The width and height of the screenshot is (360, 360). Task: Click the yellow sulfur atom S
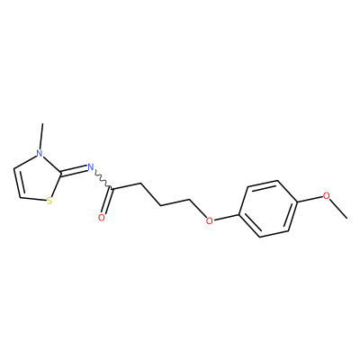coord(49,201)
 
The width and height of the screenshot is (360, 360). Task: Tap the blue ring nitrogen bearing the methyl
coord(39,153)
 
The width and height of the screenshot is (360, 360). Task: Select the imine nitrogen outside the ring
coord(90,166)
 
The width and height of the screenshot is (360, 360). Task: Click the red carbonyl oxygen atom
coord(102,218)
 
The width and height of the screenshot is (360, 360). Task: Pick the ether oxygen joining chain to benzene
coord(210,220)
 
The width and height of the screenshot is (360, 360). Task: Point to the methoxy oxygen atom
coord(327,195)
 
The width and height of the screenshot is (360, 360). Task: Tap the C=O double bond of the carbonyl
coord(107,201)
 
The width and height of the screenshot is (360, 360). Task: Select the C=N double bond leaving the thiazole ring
coord(74,170)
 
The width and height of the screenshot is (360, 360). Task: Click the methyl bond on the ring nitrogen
coord(41,136)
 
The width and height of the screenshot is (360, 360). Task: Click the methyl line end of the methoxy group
coord(347,218)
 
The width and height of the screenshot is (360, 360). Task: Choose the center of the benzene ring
coord(268,209)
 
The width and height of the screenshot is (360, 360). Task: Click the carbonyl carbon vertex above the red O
coord(112,189)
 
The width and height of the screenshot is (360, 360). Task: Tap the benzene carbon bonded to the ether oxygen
coord(239,215)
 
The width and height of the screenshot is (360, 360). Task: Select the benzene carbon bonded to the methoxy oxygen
coord(297,203)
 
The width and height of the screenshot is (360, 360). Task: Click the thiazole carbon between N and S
coord(61,174)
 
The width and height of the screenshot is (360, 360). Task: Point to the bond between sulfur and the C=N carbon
coord(57,184)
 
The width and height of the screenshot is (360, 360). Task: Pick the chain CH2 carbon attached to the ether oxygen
coord(191,199)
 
